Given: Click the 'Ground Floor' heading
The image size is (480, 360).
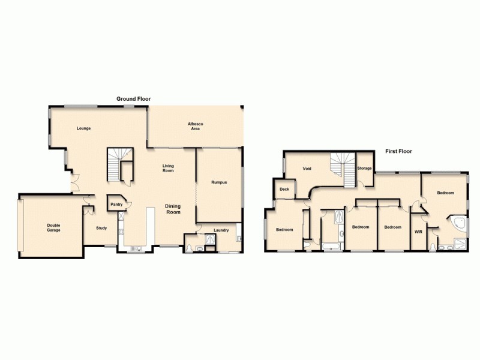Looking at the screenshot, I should (133, 98).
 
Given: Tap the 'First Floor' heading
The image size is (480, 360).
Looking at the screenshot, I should (398, 151).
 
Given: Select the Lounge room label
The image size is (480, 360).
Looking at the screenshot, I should (83, 128).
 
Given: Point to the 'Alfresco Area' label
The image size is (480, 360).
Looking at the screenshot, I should (196, 126).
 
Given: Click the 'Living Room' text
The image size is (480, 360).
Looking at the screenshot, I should (168, 168).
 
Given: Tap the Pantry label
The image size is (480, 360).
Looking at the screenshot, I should (116, 205).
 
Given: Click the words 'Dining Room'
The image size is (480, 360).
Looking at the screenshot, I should (173, 209).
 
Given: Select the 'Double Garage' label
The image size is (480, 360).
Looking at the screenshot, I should (53, 228).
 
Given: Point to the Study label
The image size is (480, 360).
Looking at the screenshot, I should (101, 227).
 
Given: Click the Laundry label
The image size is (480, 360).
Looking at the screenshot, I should (221, 230).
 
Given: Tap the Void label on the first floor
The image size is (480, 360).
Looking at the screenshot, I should (307, 169).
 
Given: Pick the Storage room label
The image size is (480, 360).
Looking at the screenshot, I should (364, 169).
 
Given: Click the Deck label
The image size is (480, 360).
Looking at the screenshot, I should (284, 190).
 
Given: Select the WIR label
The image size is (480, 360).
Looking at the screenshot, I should (418, 231).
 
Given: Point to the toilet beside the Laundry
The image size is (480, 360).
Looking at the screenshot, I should (189, 247).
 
